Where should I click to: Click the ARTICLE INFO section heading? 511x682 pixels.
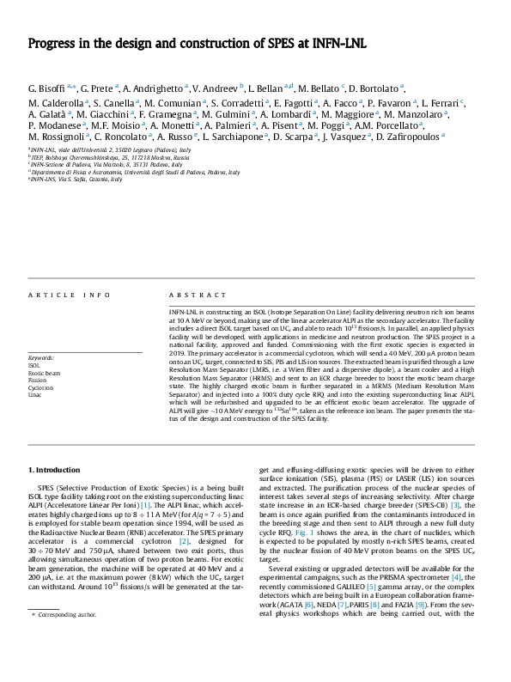click(70, 295)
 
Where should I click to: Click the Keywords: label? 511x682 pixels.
click(41, 357)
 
